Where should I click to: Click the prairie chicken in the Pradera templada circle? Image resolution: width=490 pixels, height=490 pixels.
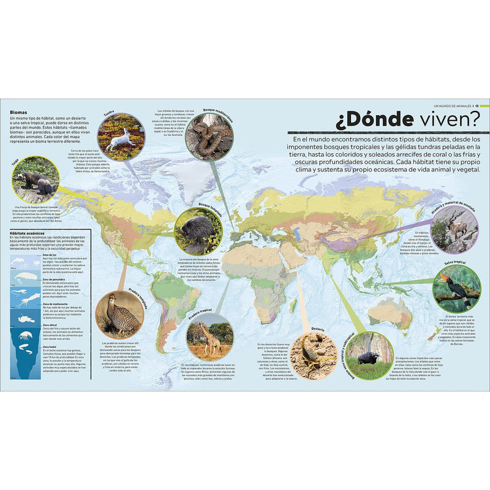point(118,314)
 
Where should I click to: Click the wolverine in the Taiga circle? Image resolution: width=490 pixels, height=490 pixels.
point(35,181)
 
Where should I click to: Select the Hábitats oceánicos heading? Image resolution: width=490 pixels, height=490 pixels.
point(31,233)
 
